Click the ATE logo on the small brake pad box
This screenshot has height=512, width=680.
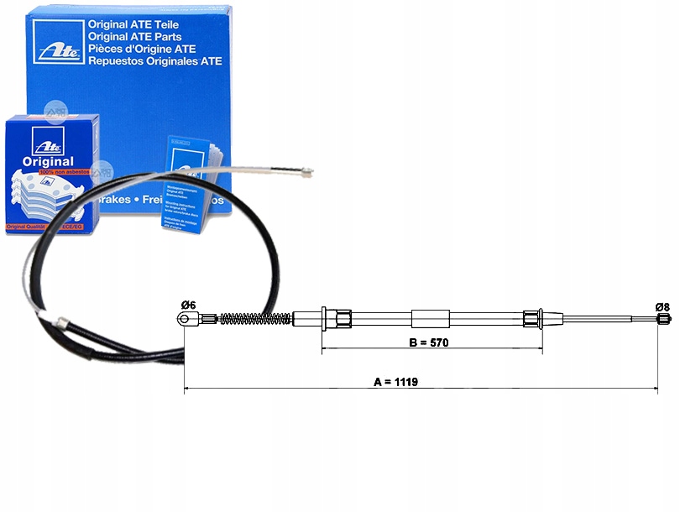41,138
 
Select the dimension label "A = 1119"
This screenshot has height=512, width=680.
396,381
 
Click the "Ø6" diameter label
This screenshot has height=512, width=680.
187,305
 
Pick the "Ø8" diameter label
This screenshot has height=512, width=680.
662,306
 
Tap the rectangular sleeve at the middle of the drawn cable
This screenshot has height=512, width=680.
431,318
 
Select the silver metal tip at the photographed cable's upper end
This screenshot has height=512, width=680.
304,174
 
